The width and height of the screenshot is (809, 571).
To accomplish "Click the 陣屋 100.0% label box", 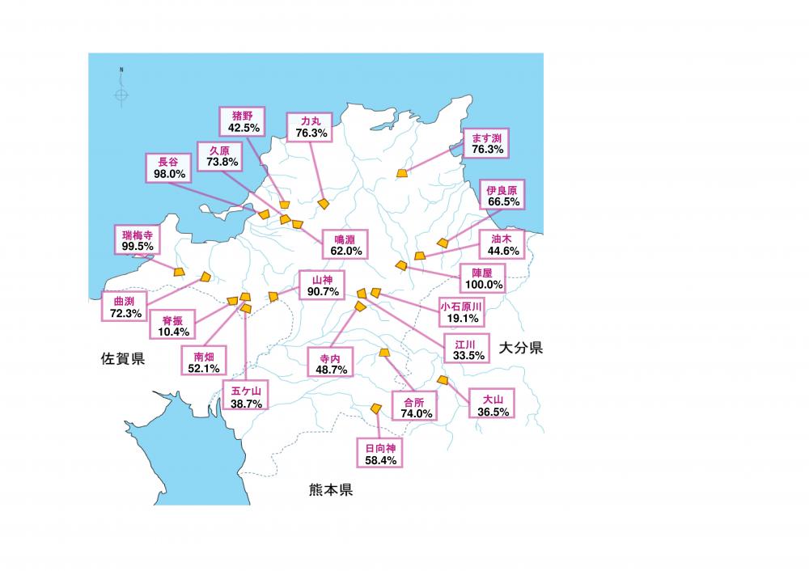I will coord(482,278).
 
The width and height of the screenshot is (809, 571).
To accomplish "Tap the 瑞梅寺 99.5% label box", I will coord(137,240).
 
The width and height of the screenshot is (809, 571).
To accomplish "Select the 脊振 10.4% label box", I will coord(172,326).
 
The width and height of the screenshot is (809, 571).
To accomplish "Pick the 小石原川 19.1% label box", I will coord(461,313).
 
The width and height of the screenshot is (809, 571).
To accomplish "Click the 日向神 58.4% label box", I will coord(379,453).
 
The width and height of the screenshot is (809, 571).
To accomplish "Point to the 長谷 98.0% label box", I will coord(170,167).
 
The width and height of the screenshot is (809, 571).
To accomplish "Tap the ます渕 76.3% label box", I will coord(488,143).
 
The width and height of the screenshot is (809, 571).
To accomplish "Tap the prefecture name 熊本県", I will coord(330,490).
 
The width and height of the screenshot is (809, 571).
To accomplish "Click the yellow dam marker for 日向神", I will coord(375,408).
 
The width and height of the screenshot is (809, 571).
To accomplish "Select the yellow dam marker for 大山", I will coord(442,379).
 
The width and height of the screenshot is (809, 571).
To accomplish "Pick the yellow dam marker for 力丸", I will coord(324,204).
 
